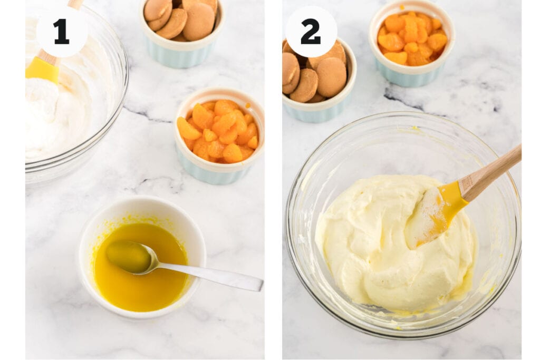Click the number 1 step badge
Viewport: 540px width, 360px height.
coord(62,32)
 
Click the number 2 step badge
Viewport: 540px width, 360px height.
coord(311,32)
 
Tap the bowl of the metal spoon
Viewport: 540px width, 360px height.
coord(129,256)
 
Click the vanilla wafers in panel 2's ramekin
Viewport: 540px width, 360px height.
coord(316,74)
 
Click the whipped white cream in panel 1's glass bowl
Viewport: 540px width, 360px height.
coord(53,121)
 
